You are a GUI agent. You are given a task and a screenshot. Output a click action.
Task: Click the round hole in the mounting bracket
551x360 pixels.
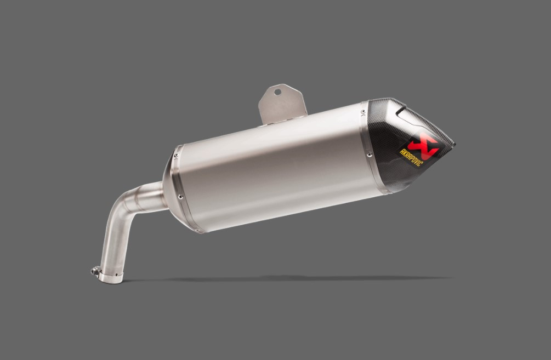click(x=277, y=92)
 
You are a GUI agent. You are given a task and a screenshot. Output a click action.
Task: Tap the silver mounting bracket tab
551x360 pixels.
click(x=282, y=104)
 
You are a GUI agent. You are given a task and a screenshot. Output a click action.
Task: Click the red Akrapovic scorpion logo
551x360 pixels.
click(x=423, y=146)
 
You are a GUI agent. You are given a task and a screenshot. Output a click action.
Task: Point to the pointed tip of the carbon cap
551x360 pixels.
click(x=454, y=144)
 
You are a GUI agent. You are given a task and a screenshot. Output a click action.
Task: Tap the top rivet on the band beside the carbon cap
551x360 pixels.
click(x=362, y=112)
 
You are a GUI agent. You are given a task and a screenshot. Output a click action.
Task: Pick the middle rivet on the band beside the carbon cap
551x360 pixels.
click(x=368, y=154)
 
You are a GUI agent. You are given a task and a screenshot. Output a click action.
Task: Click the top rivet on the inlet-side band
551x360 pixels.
click(x=175, y=155)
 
